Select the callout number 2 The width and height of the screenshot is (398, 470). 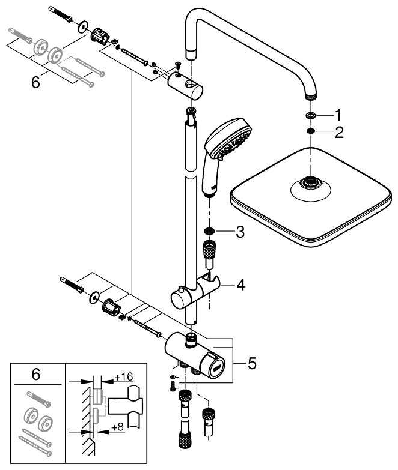[x=339, y=133]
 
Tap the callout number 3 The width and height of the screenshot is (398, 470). [x=240, y=232]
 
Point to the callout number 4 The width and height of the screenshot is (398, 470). [x=240, y=284]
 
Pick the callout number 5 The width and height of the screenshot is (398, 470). [x=252, y=363]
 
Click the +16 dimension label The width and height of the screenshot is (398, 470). [x=123, y=377]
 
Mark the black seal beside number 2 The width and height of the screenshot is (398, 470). [x=309, y=132]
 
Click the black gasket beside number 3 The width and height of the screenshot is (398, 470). [x=209, y=232]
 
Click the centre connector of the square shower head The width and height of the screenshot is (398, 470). [x=310, y=183]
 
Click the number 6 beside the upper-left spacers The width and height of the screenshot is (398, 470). [x=35, y=82]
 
